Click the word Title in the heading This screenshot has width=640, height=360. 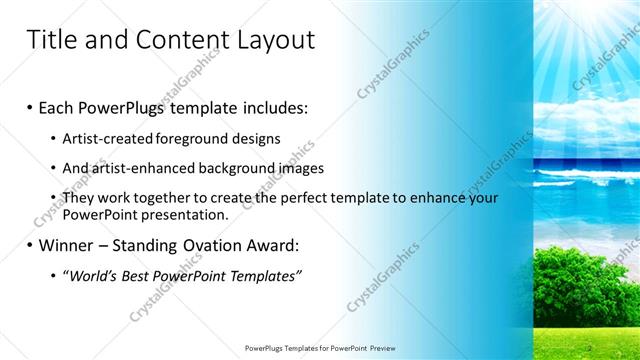tap(49, 40)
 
